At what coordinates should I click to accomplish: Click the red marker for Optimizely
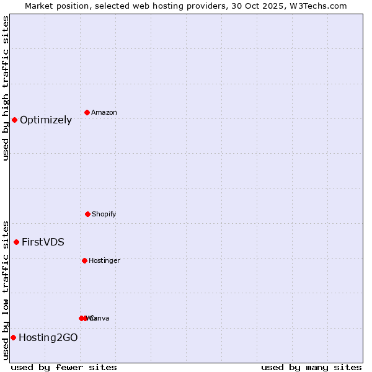coord(14,120)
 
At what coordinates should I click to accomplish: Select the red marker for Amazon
coord(87,112)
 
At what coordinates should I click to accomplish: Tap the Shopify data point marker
coord(87,214)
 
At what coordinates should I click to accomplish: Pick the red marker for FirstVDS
coord(16,242)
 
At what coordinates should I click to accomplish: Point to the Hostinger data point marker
coord(84,260)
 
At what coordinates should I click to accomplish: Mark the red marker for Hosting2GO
coord(13,337)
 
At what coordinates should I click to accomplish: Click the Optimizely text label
coord(46,120)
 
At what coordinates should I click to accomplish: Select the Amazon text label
coord(104,113)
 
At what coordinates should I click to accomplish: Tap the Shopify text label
coord(104,215)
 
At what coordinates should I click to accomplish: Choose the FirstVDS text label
coord(43,242)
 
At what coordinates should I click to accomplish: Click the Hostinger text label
coord(104,261)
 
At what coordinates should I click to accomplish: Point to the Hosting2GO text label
coord(48,338)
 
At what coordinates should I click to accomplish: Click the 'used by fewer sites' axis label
coord(64,368)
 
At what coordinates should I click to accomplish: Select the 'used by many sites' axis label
coord(311,368)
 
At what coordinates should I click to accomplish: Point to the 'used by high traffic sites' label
coord(6,88)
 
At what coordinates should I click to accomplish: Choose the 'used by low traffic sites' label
coord(6,290)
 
